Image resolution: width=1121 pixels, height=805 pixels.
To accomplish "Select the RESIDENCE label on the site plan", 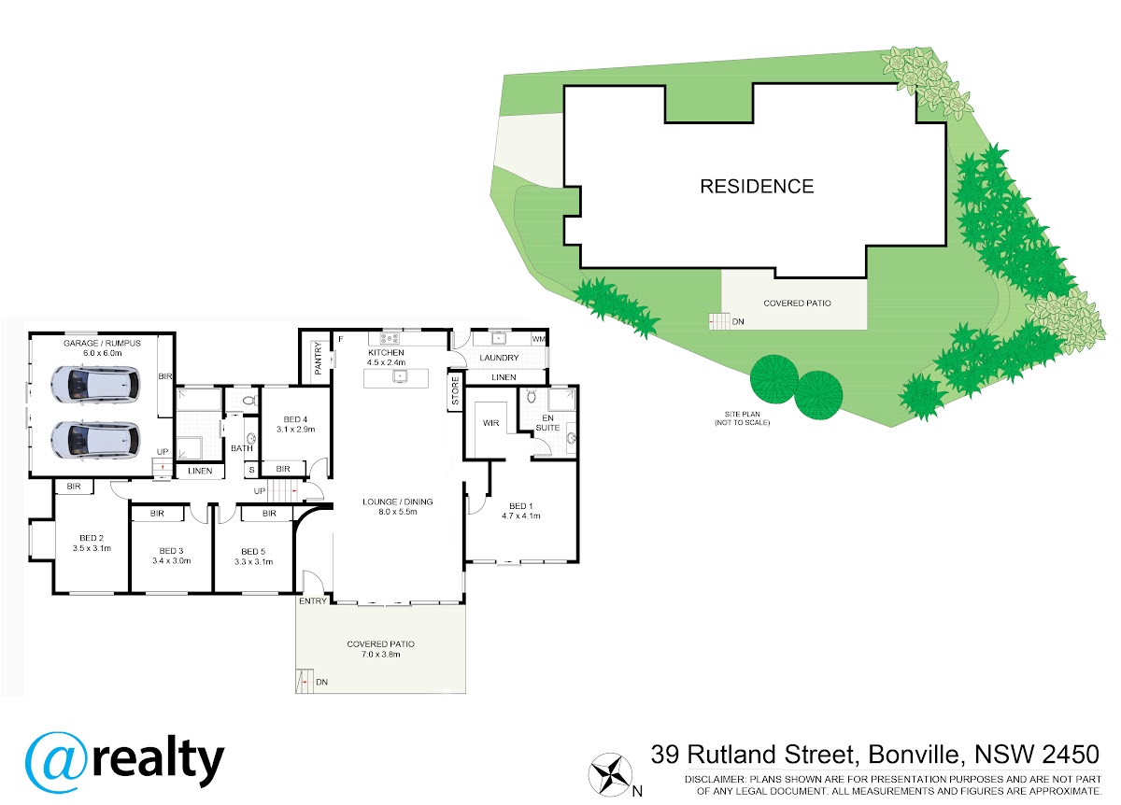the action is (x=757, y=187).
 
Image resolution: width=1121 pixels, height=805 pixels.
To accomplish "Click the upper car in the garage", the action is (x=95, y=384).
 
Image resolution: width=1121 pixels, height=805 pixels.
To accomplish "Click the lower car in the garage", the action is (x=95, y=440).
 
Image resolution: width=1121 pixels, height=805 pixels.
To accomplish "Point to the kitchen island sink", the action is (x=400, y=375).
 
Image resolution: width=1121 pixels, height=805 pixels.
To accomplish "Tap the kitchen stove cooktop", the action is (x=390, y=338).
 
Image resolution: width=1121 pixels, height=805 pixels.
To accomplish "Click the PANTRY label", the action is (x=319, y=359).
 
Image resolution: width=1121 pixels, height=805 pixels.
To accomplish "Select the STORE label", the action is (x=455, y=390).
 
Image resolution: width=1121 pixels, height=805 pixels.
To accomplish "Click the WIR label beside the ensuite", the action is (x=491, y=423).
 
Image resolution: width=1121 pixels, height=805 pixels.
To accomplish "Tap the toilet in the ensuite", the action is (x=532, y=397).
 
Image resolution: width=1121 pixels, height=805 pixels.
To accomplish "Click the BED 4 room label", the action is (x=295, y=419).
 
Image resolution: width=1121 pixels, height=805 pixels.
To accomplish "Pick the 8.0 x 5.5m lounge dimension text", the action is (x=398, y=512).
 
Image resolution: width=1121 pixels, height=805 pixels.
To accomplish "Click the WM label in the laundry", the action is (x=538, y=339).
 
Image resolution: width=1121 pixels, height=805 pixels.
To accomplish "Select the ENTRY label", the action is (x=313, y=600).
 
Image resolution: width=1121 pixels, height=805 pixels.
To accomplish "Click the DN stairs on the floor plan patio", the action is (x=305, y=682).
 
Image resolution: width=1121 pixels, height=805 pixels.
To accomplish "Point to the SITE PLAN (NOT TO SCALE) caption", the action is (x=742, y=418).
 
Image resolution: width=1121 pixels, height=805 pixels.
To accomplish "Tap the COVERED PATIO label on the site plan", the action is (x=797, y=304).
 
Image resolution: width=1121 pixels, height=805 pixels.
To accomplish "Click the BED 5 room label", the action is (x=253, y=551).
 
